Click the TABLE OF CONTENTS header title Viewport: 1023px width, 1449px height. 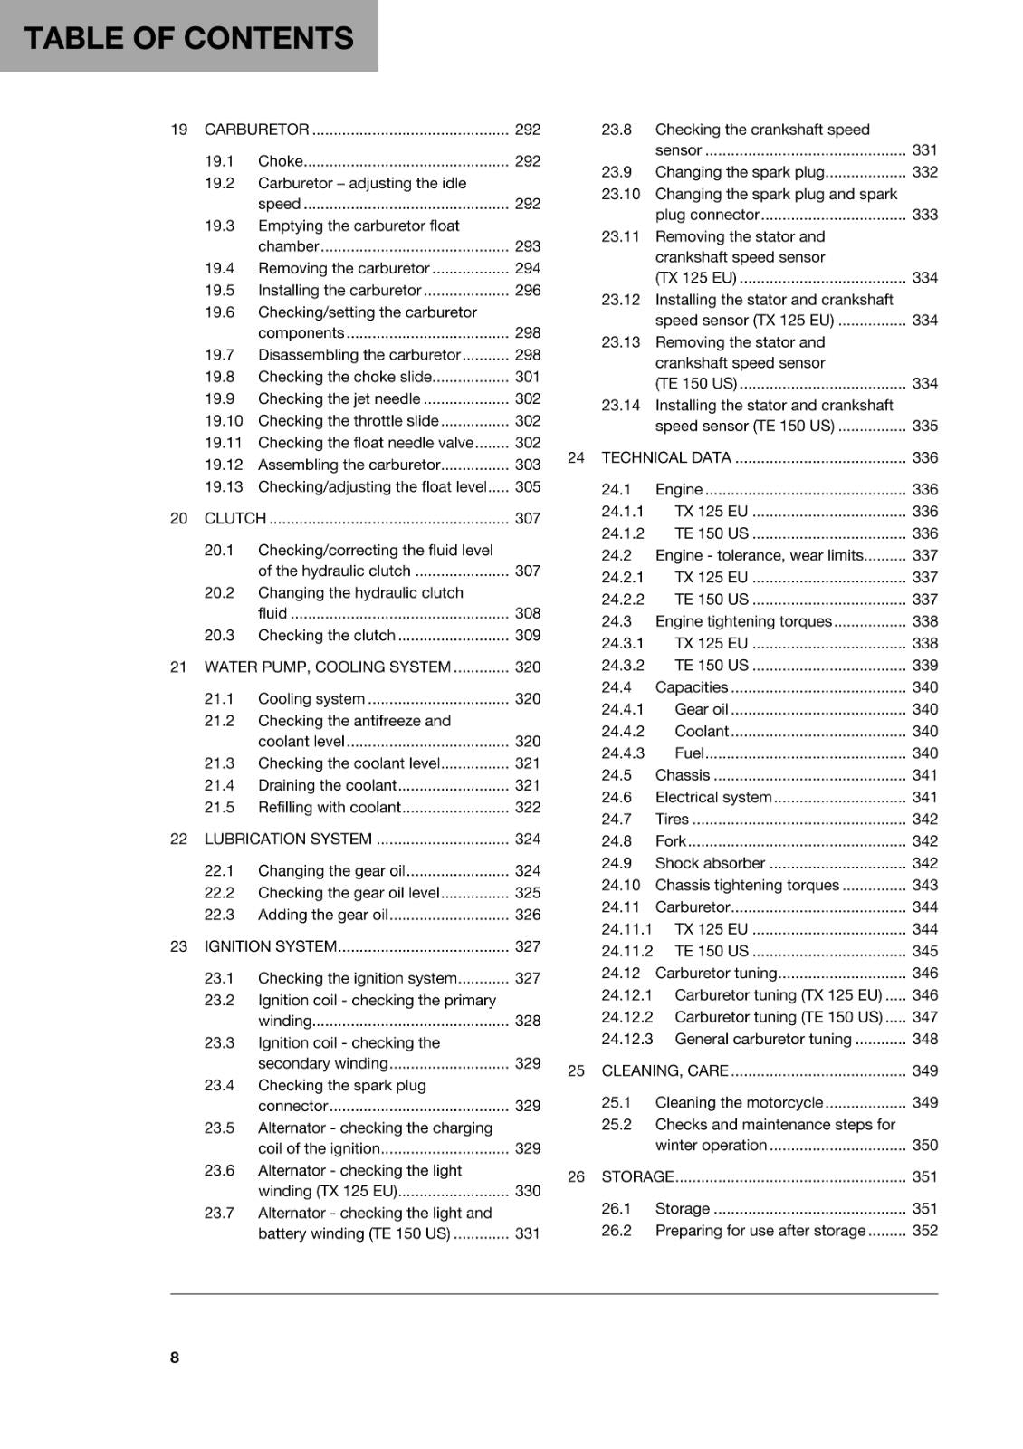(x=188, y=38)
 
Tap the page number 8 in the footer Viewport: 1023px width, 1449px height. (x=175, y=1357)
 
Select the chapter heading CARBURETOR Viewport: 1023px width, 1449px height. (x=256, y=130)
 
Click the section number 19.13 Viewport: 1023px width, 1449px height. (x=224, y=487)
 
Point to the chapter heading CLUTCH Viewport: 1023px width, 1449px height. (x=235, y=519)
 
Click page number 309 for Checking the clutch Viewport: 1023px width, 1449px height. (x=527, y=636)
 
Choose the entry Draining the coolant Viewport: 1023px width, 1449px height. (x=327, y=786)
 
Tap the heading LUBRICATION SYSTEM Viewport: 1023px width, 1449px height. (x=288, y=840)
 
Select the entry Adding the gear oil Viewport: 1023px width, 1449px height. (x=322, y=916)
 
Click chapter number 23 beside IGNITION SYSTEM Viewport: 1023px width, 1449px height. (x=178, y=946)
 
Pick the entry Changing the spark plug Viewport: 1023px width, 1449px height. (x=740, y=172)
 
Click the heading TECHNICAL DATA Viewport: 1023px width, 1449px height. (x=665, y=458)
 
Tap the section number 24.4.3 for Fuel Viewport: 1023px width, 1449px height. (x=623, y=753)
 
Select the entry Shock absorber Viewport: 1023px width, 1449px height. (x=710, y=864)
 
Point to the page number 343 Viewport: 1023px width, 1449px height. (x=924, y=886)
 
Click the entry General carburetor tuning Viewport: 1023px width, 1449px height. (x=762, y=1040)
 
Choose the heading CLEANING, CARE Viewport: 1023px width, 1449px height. (x=664, y=1071)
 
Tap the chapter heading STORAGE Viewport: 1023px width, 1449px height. (x=637, y=1177)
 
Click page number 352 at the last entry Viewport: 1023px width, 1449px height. (x=924, y=1231)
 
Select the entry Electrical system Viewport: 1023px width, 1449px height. (x=712, y=798)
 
